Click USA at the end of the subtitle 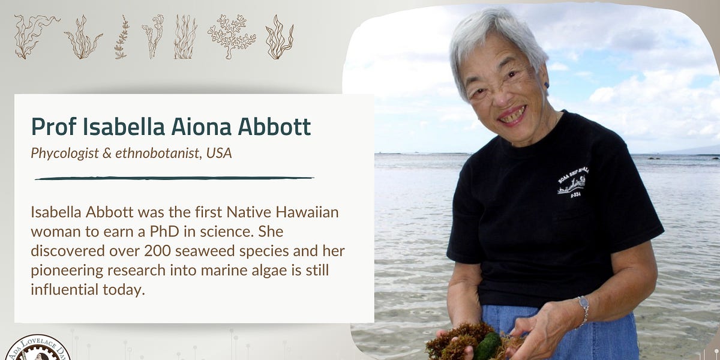218,154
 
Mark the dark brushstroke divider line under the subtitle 174,178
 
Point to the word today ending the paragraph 125,289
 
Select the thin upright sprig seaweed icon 122,37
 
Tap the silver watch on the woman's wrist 583,309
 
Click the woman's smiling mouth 513,114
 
